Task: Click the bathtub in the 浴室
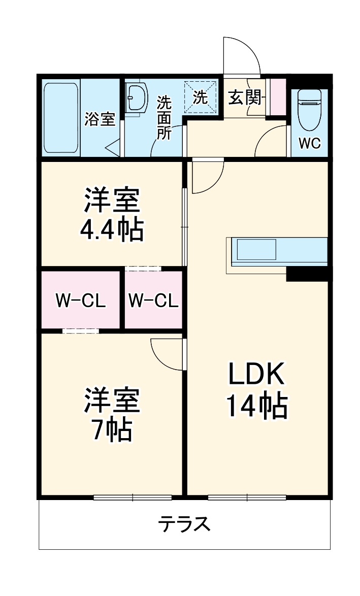click(x=61, y=118)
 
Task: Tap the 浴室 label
click(x=100, y=120)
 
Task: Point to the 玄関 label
click(x=244, y=97)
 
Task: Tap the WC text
click(x=309, y=144)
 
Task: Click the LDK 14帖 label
click(x=257, y=389)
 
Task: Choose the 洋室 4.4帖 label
click(x=112, y=214)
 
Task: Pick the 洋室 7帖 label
click(x=112, y=414)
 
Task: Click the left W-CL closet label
click(x=80, y=301)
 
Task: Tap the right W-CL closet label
click(x=153, y=301)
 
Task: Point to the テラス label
click(x=184, y=523)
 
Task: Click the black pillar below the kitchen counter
click(x=308, y=273)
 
